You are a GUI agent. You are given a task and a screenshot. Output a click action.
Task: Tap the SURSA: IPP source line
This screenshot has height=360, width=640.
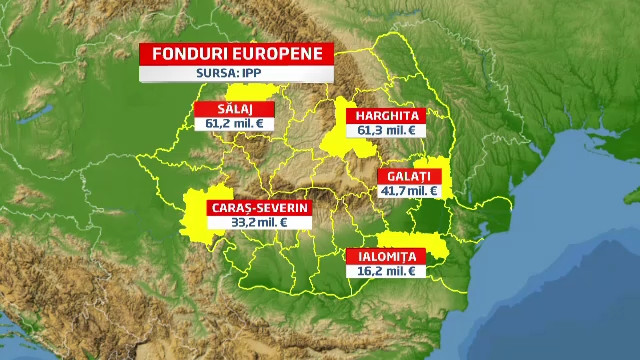(236, 73)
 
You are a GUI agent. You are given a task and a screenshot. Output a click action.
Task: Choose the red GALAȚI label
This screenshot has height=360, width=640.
(407, 176)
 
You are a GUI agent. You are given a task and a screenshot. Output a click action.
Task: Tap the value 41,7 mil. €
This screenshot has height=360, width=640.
(407, 190)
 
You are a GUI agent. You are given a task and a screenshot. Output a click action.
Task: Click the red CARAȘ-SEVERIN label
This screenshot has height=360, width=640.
(258, 208)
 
